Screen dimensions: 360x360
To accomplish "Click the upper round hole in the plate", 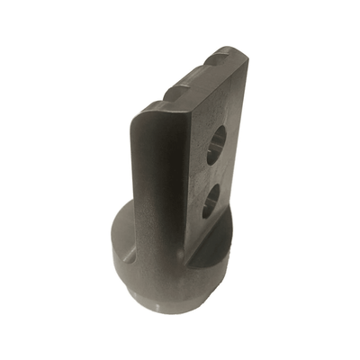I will click(x=216, y=145).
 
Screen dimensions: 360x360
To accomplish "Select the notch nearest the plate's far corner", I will click(x=219, y=58).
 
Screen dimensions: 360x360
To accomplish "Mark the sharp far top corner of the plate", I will click(x=241, y=52).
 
